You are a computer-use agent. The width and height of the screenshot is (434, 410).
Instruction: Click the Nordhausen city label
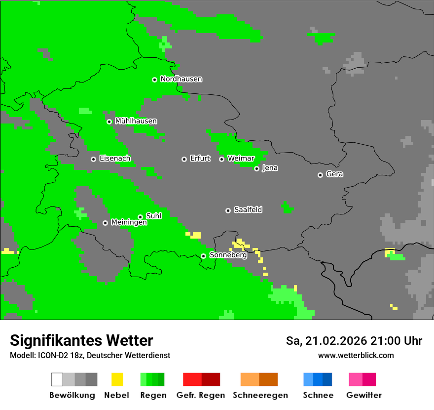click(x=181, y=79)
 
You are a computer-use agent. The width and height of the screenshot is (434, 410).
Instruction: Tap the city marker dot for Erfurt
click(x=184, y=159)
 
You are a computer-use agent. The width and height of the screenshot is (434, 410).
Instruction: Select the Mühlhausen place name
click(x=136, y=121)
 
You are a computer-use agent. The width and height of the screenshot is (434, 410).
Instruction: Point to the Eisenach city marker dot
click(x=93, y=159)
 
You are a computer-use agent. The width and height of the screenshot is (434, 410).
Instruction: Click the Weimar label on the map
click(x=241, y=159)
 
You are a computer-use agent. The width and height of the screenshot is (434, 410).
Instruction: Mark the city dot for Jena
click(x=256, y=168)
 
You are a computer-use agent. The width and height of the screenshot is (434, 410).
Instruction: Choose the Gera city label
click(x=334, y=174)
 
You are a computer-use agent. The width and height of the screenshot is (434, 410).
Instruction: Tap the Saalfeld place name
click(x=248, y=210)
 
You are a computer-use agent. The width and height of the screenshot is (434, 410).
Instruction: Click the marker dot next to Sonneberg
click(x=203, y=256)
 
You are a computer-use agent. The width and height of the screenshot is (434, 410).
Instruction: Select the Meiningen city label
click(x=129, y=223)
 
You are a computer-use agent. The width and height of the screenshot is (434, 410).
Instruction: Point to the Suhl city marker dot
click(x=140, y=217)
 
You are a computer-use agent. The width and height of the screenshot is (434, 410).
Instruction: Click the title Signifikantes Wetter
click(x=81, y=341)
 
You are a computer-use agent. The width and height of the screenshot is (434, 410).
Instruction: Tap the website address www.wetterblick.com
click(x=356, y=355)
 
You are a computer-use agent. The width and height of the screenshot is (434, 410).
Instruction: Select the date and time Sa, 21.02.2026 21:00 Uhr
click(x=354, y=341)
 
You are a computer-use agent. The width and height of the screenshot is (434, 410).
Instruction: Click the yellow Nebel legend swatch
click(x=117, y=379)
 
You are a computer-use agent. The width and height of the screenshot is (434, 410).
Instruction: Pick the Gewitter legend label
click(x=363, y=395)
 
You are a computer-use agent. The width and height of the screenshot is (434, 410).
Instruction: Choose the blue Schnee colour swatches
click(x=317, y=379)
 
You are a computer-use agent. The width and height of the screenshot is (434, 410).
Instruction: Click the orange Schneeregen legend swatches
click(x=259, y=379)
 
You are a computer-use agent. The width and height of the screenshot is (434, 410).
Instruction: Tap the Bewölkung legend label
click(x=72, y=395)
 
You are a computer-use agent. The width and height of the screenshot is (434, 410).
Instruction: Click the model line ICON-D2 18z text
click(x=90, y=355)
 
